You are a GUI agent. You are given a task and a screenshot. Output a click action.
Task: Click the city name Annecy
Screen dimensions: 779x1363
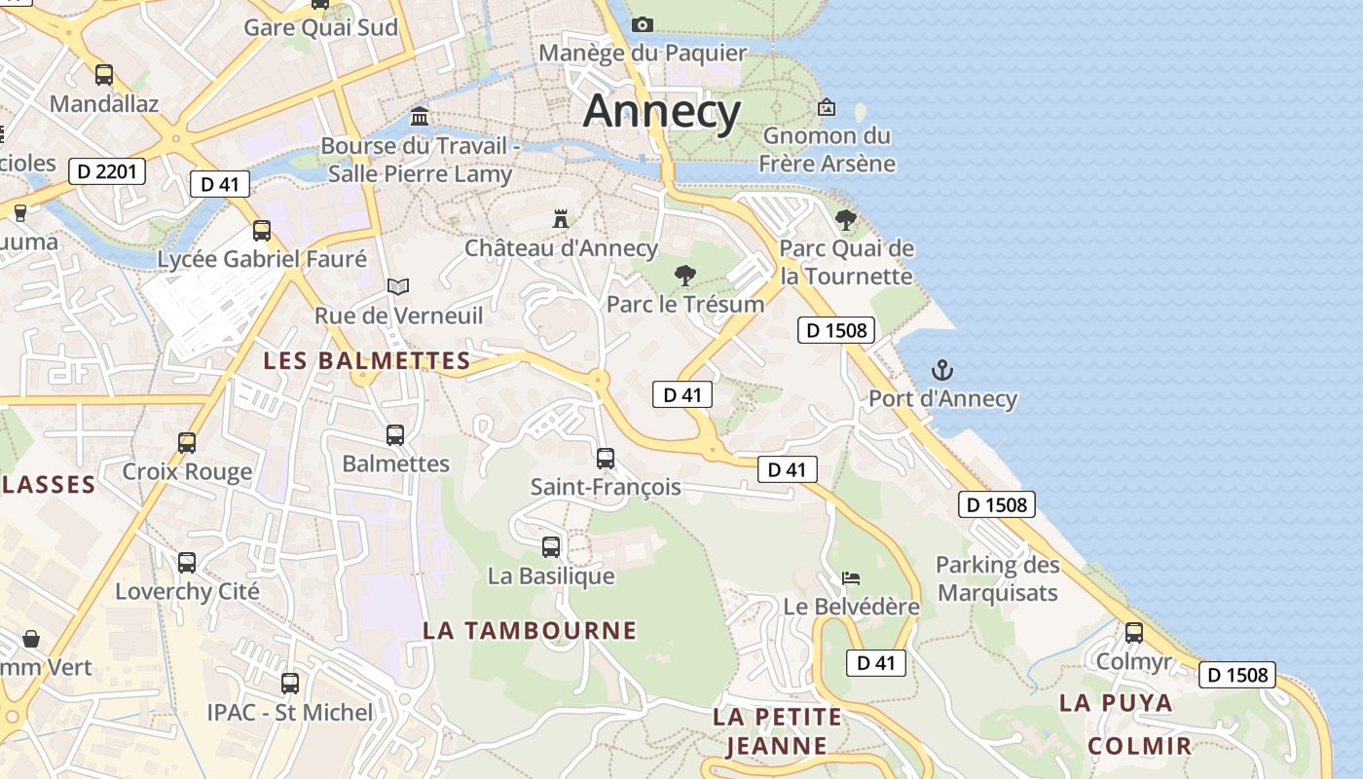pos(662,111)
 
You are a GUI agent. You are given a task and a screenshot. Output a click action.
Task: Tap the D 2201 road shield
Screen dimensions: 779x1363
pos(107,172)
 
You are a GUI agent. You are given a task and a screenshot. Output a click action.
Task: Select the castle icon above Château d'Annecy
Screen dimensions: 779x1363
pos(560,218)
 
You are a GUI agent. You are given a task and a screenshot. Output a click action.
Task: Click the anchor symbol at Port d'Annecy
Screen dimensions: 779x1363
pos(941,370)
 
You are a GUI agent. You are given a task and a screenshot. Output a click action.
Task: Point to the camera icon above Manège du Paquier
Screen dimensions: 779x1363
pos(642,24)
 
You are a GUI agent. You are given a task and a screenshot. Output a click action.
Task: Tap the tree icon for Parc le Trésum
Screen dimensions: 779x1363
pos(685,275)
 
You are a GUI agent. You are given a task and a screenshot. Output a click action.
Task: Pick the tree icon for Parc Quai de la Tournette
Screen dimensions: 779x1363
pos(846,219)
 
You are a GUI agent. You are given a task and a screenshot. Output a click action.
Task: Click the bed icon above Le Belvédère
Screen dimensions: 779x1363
pos(851,578)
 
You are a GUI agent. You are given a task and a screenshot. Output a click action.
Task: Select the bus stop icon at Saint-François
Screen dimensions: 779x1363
pos(606,458)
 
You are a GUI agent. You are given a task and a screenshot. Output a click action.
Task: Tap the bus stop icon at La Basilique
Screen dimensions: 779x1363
pos(551,547)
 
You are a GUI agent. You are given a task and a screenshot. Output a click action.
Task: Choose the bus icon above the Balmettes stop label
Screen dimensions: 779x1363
pos(395,435)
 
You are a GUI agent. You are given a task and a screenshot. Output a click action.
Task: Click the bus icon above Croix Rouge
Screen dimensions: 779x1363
pos(187,443)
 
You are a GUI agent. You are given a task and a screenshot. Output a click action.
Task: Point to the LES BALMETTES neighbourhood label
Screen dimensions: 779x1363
pos(367,361)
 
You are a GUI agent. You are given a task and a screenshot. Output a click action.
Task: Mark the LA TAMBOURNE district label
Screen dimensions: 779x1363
pos(530,631)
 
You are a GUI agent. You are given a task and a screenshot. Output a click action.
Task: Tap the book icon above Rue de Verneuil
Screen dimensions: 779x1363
pos(397,286)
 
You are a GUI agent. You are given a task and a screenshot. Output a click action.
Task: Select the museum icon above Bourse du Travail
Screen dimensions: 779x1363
pos(420,117)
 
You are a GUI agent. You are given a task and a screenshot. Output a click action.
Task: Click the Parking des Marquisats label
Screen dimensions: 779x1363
pos(997,578)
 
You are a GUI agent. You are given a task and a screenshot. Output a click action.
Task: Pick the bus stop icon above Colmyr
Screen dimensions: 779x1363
pos(1134,633)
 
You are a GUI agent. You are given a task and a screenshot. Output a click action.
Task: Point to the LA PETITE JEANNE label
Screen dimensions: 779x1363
pos(777,731)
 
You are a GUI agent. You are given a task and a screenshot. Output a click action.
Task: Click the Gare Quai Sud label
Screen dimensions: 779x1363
pos(320,27)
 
